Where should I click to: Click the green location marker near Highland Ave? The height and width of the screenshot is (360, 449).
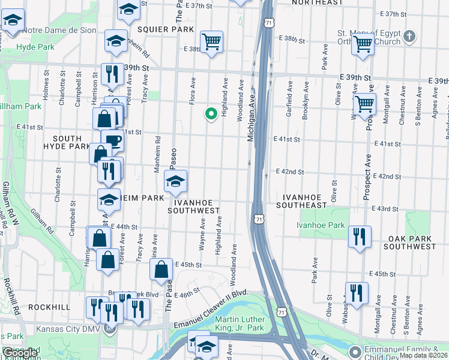(x=211, y=113)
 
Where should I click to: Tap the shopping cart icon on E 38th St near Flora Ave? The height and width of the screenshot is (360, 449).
(x=211, y=41)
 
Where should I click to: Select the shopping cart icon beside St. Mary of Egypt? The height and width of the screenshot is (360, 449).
(x=363, y=43)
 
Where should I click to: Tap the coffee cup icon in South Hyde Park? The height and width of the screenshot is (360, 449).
(x=113, y=141)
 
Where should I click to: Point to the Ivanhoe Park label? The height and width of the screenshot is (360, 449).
(x=321, y=226)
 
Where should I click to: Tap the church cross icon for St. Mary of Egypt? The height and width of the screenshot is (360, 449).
(x=409, y=37)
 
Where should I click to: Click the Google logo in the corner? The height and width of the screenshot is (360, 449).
(x=20, y=353)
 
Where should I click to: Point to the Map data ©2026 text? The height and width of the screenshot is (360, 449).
(x=423, y=355)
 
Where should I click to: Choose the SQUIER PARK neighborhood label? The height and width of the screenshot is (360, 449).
(x=166, y=29)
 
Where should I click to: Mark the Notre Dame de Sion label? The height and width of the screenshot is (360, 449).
(x=61, y=29)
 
